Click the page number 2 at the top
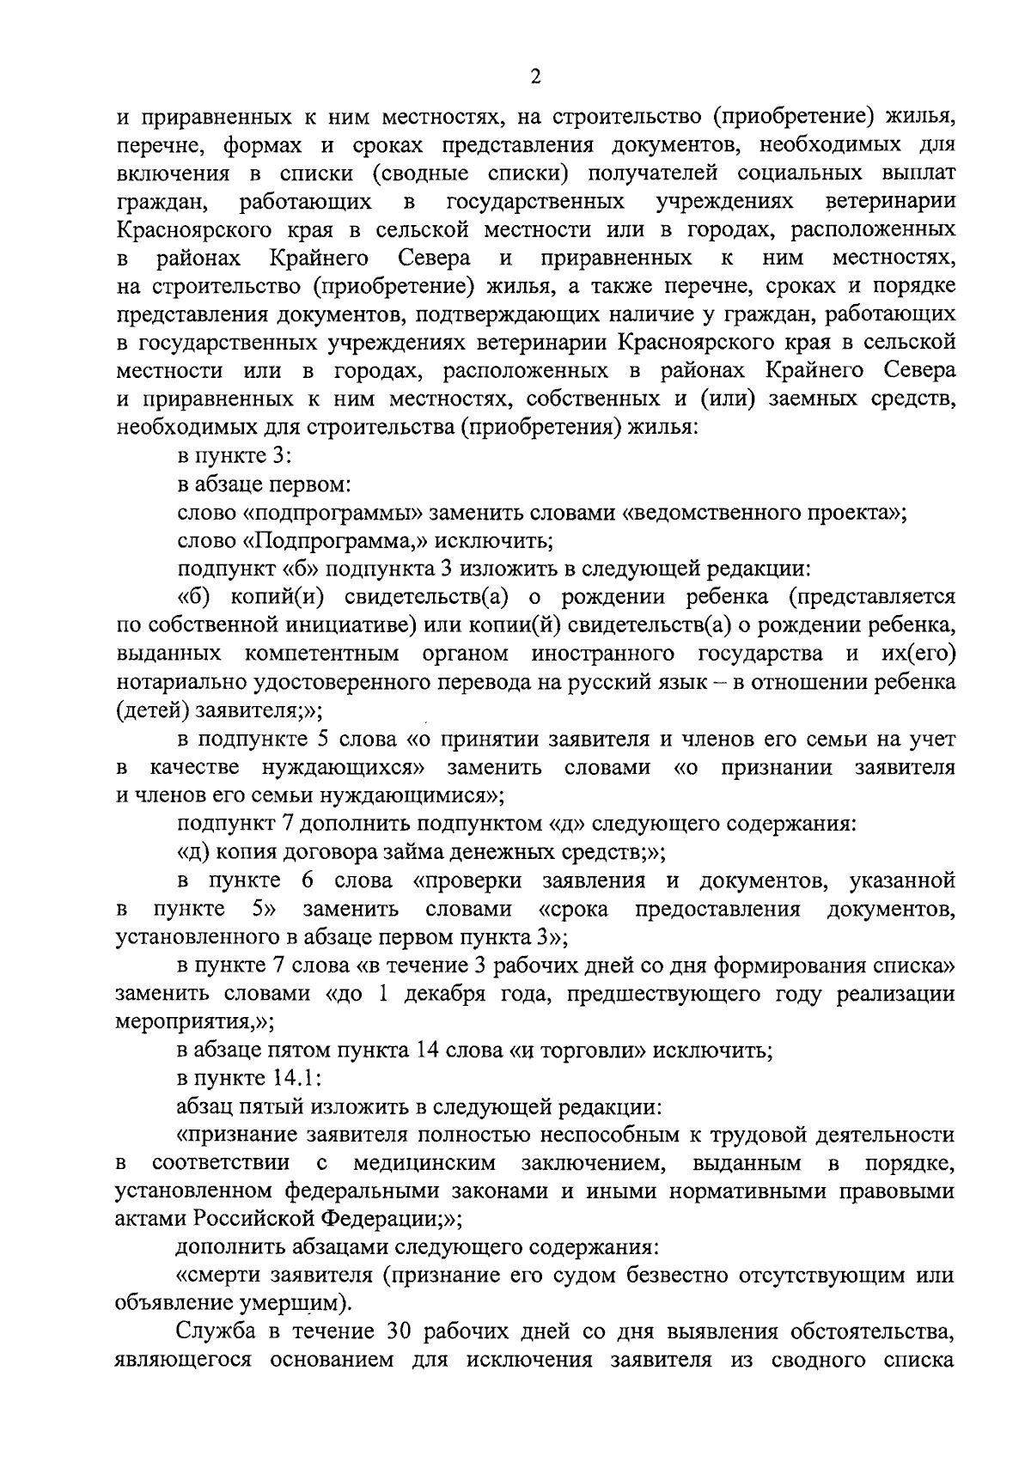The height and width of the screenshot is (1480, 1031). [x=535, y=77]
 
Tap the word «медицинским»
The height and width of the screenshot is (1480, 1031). [x=424, y=1164]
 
